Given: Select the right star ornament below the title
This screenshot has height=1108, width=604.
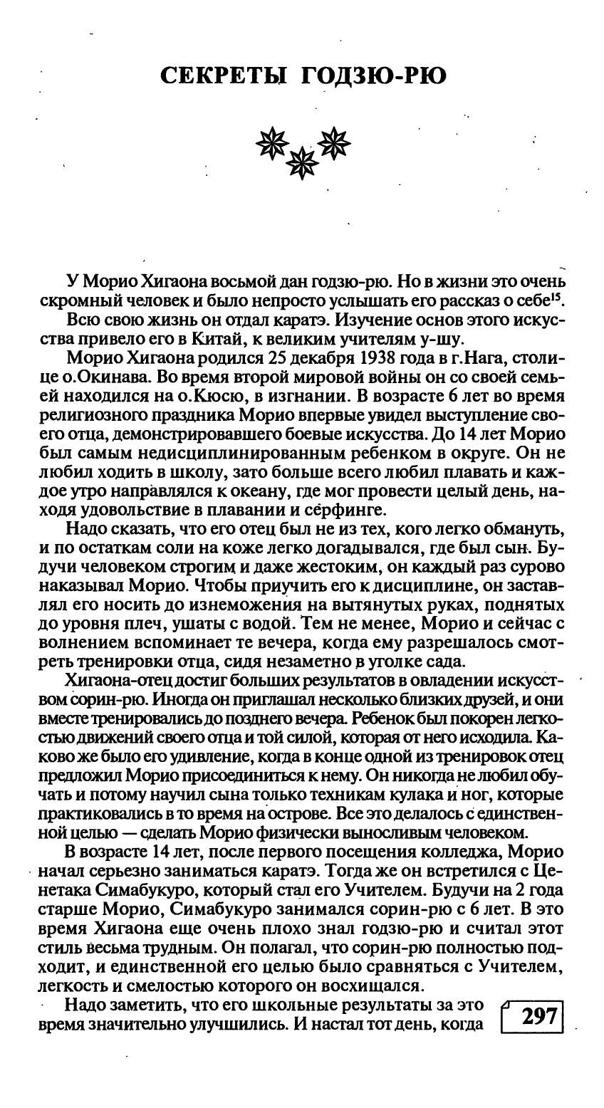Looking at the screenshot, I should (x=334, y=143).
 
